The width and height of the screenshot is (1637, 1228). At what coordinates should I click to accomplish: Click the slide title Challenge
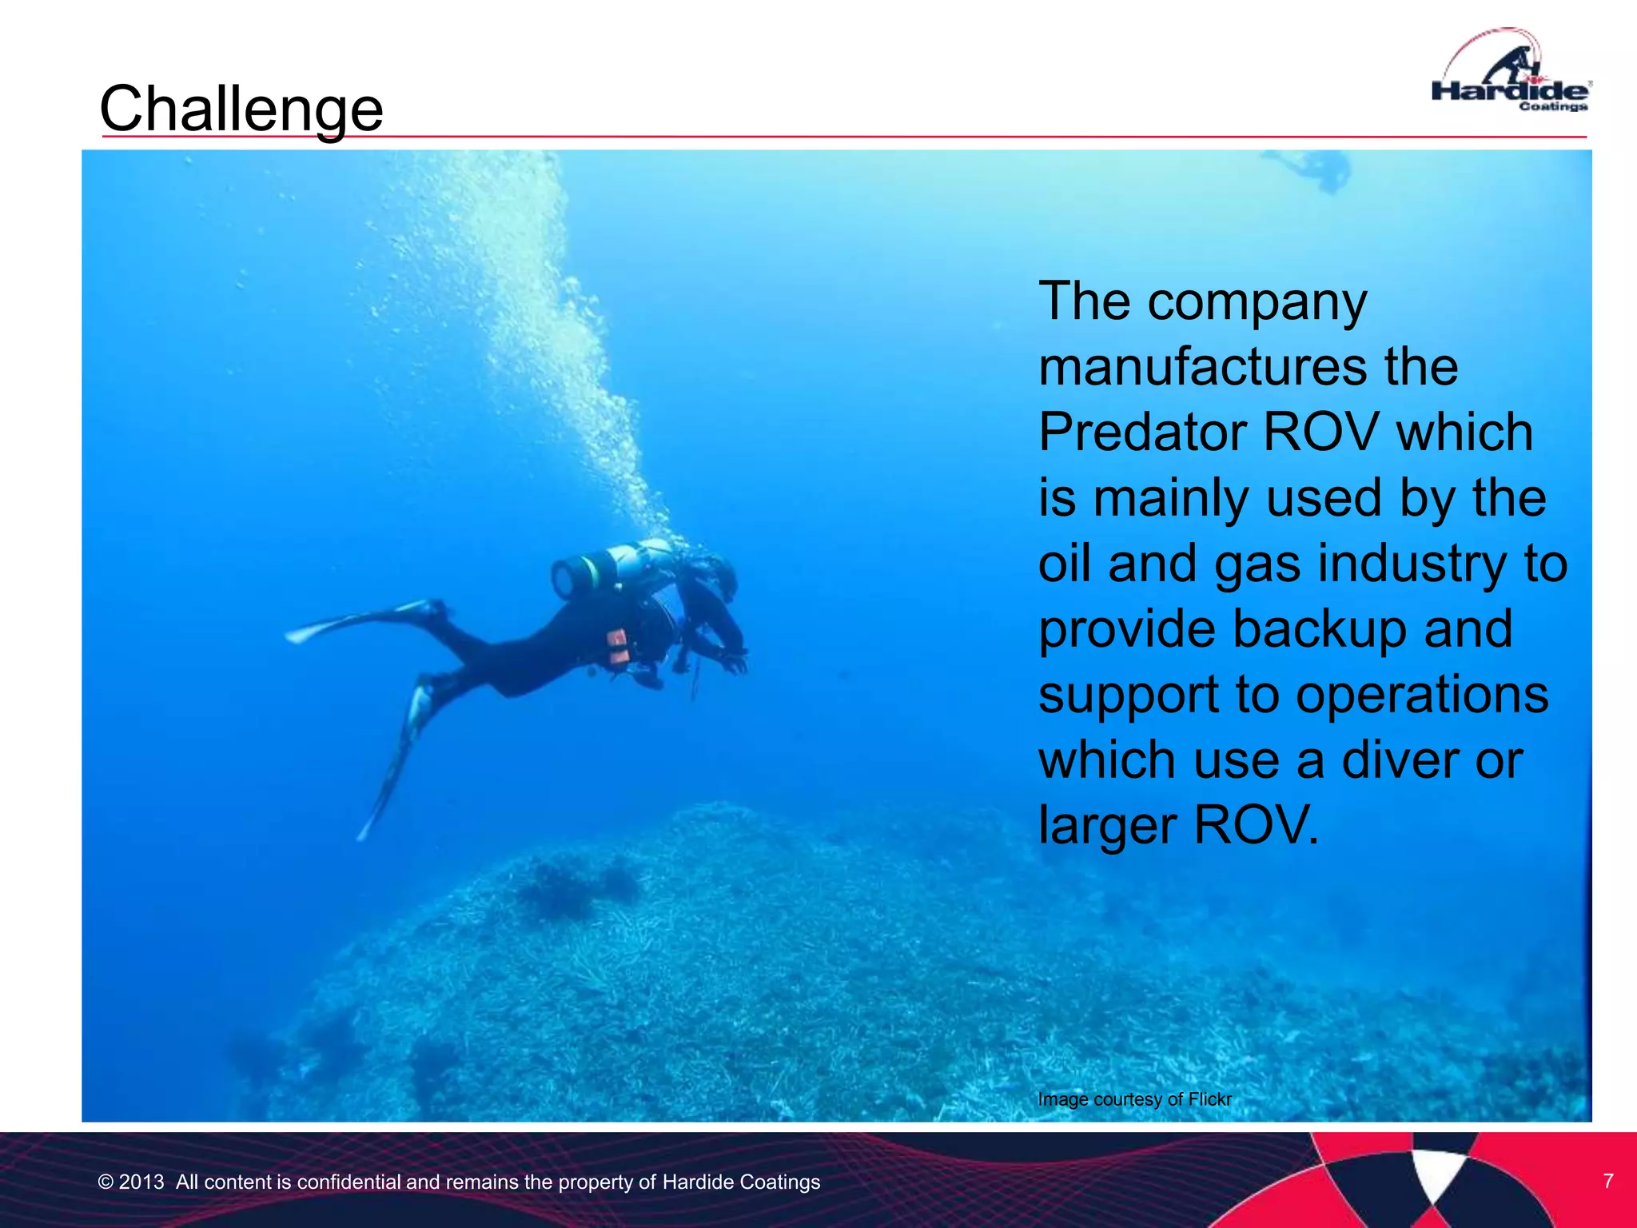pos(241,109)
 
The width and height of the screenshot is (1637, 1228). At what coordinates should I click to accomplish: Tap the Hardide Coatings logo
pos(1510,76)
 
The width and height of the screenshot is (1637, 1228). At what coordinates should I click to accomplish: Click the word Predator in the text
pos(1141,433)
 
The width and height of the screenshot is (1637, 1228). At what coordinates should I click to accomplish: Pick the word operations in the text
pos(1422,694)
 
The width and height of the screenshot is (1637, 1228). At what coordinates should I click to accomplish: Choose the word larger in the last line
pos(1107,825)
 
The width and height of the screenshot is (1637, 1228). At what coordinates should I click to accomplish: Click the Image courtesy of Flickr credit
pos(1134,1099)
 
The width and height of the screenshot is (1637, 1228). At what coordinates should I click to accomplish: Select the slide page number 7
pos(1608,1181)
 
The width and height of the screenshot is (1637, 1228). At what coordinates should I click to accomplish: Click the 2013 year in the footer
pos(141,1182)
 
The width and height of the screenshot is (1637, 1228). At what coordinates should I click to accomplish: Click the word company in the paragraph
pos(1257,302)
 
